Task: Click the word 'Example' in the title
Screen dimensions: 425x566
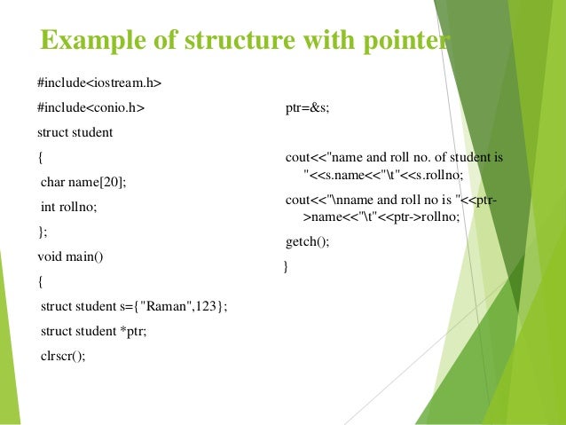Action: pyautogui.click(x=88, y=41)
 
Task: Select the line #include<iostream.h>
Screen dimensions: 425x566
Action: pyautogui.click(x=99, y=83)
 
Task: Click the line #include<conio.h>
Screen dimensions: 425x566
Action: pyautogui.click(x=90, y=108)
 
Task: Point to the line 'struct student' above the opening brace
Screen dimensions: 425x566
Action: pyautogui.click(x=75, y=133)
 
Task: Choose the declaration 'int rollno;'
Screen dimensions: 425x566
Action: pyautogui.click(x=69, y=208)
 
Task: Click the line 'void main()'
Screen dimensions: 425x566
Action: pyautogui.click(x=70, y=257)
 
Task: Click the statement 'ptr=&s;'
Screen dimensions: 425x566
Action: pyautogui.click(x=307, y=108)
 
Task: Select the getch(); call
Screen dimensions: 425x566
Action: pyautogui.click(x=307, y=241)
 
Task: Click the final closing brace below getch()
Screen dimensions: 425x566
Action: pyautogui.click(x=285, y=266)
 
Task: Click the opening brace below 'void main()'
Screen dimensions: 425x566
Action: pyautogui.click(x=40, y=282)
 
